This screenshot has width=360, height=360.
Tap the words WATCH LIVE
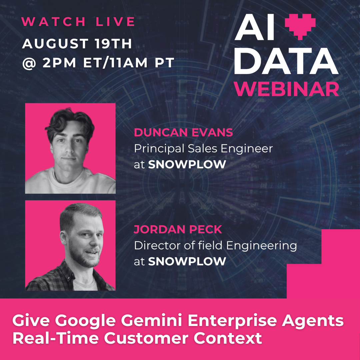coord(78,22)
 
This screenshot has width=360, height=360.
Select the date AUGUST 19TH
coord(77,43)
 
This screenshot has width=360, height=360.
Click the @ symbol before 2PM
coord(29,63)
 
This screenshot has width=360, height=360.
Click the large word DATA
coord(286,61)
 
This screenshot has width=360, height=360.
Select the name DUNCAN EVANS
coord(183,132)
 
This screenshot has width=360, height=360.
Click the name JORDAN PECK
coord(178,230)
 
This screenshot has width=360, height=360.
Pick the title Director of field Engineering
coord(215,246)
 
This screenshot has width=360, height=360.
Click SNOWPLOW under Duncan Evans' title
coord(187,164)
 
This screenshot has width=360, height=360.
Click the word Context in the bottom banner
coord(228,338)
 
